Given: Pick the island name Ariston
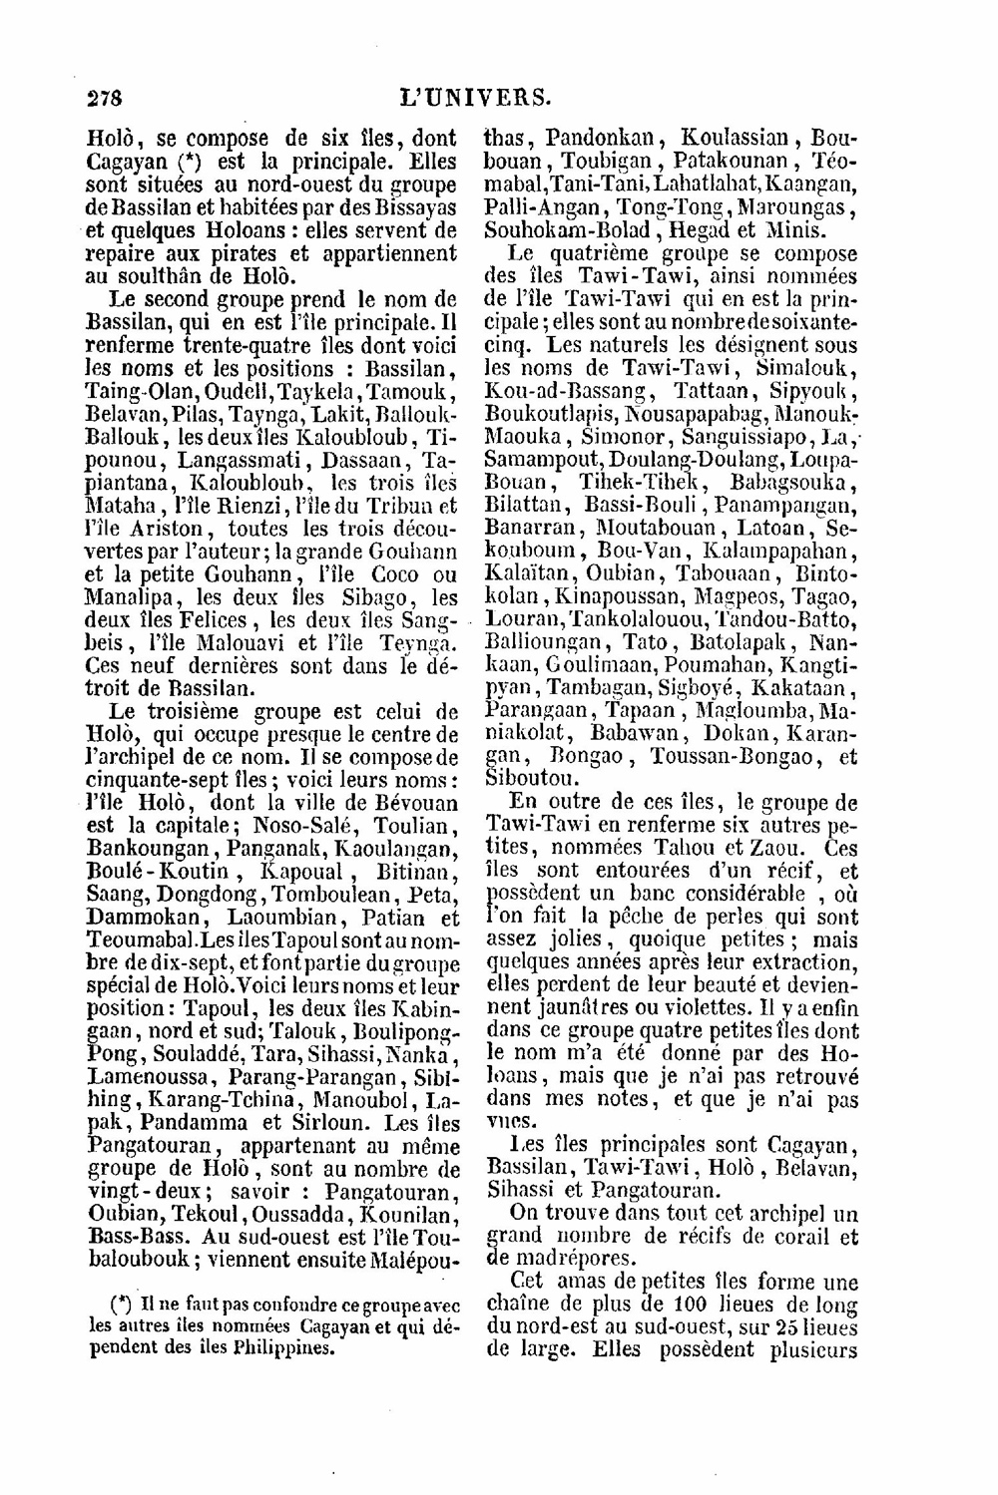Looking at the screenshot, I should [162, 529].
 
